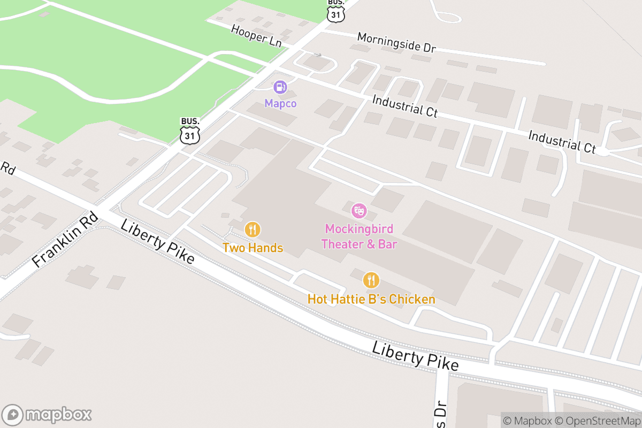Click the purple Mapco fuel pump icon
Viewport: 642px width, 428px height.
[280, 87]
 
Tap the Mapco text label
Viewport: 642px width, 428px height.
[280, 103]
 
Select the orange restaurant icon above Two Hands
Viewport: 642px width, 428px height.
[253, 230]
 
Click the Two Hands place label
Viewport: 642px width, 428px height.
[253, 248]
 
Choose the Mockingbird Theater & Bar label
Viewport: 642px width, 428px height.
[359, 236]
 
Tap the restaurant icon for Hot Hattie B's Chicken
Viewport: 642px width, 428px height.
[371, 280]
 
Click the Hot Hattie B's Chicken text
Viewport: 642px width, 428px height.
[371, 299]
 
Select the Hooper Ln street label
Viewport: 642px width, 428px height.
[256, 36]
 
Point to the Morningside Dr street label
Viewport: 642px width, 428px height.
[396, 43]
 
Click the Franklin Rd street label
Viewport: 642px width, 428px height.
[65, 239]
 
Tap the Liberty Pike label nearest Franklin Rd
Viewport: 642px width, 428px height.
[157, 241]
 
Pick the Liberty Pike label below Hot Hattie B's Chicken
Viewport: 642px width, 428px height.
[415, 357]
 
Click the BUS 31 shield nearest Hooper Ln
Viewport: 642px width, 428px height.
[335, 12]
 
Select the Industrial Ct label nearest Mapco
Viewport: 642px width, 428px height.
[405, 106]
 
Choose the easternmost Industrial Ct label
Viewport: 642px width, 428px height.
[562, 142]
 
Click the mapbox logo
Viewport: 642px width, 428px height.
[48, 415]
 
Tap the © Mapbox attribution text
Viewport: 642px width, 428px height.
[526, 421]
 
